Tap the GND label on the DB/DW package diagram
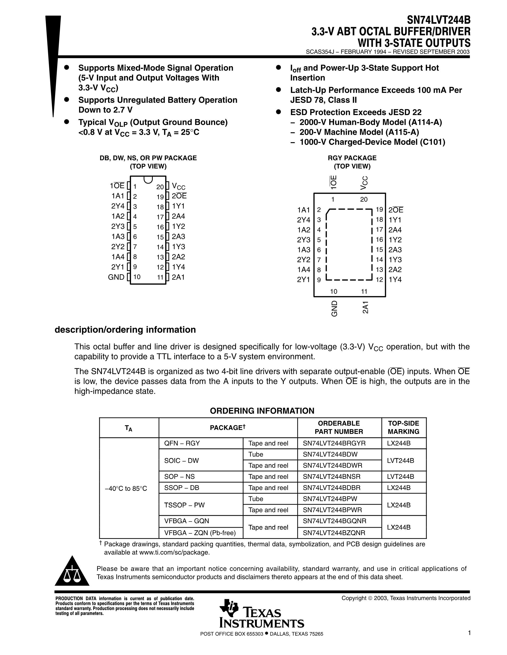tap(116, 277)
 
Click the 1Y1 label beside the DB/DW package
tap(178, 206)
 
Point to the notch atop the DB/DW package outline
tap(148, 179)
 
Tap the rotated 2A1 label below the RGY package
tap(365, 307)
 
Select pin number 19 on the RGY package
tap(379, 210)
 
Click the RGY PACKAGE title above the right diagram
tap(352, 158)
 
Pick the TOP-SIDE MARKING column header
tap(403, 427)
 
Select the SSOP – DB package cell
tap(182, 488)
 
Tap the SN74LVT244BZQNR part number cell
tap(334, 533)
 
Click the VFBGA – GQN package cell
tap(187, 521)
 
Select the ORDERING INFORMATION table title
tap(262, 411)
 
